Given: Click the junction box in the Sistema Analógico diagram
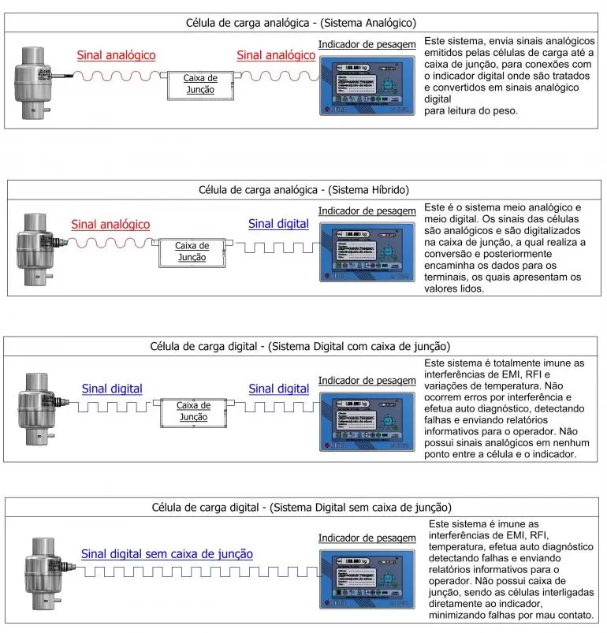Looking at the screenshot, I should click(x=200, y=84).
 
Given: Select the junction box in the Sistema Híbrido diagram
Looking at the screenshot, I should click(x=193, y=251).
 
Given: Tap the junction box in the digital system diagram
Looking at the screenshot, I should click(x=193, y=411).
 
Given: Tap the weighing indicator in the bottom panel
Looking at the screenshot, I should click(x=367, y=582).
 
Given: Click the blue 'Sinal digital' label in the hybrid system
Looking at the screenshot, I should click(x=278, y=224).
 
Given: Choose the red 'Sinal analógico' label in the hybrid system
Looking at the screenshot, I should click(x=110, y=225).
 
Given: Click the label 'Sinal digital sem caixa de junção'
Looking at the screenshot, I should click(x=167, y=554).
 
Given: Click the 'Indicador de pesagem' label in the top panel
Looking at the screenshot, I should click(x=367, y=44).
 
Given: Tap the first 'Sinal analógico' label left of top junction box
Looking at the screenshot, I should click(x=116, y=56).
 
